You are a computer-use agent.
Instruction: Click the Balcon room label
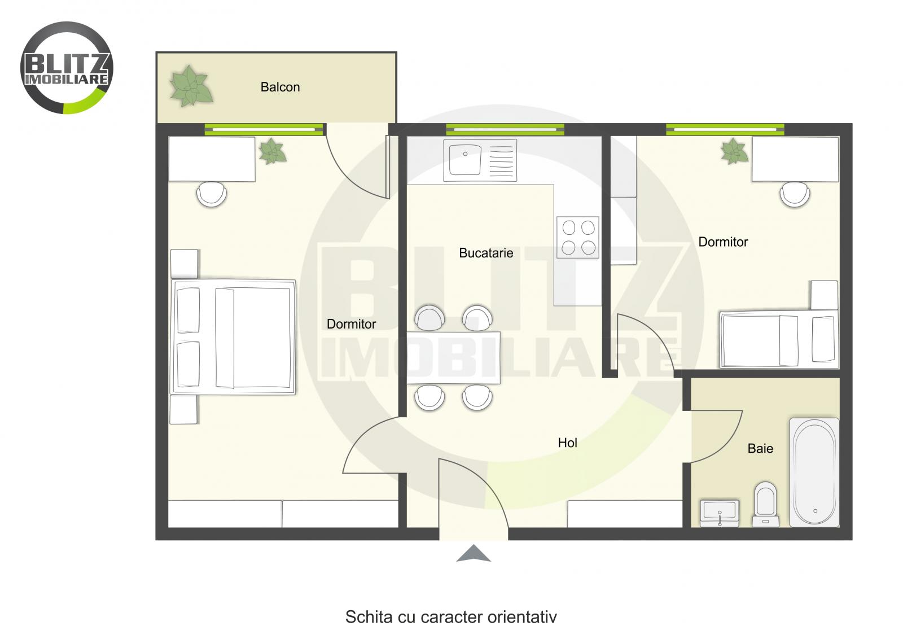point(280,87)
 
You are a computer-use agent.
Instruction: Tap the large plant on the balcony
point(191,86)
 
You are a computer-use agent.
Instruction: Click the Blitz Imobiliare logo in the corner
point(67,68)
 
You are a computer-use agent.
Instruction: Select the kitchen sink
point(480,160)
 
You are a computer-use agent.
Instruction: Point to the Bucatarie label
point(486,253)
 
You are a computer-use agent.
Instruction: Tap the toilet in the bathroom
point(765,504)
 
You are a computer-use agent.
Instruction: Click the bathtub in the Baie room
point(814,471)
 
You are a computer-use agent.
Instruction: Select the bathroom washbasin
point(720,512)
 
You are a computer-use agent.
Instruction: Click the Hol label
point(567,443)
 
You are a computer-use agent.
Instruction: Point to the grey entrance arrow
point(474,554)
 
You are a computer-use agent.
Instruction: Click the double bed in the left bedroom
point(234,337)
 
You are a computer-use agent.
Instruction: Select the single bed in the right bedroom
point(779,339)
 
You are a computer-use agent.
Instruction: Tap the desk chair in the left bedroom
point(212,194)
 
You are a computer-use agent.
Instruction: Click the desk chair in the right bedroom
point(795,194)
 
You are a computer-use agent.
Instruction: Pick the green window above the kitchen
point(505,129)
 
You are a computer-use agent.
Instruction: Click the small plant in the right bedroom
point(734,151)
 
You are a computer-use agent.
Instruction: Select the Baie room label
point(760,449)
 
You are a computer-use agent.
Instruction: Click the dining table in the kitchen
point(454,358)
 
